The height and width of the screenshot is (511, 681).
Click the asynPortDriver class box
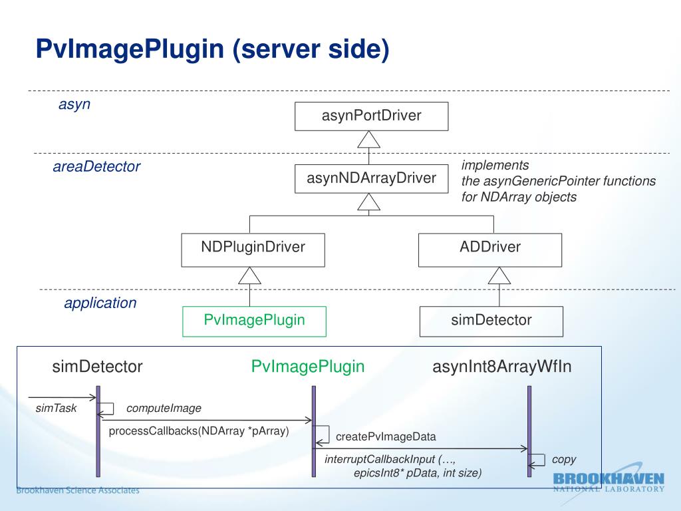371,116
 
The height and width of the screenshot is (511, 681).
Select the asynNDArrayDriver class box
371,178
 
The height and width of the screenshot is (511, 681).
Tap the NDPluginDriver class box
253,250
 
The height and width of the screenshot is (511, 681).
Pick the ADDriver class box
490,250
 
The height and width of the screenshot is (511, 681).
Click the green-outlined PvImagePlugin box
254,321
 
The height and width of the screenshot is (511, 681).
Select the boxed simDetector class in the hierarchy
491,321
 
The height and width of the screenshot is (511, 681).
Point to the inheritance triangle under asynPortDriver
368,140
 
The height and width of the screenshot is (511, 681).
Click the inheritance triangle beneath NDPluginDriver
250,275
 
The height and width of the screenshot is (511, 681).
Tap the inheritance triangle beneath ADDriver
499,275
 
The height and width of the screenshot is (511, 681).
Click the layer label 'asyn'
74,104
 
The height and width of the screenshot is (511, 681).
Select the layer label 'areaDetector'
96,166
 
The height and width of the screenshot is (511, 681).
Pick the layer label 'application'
100,303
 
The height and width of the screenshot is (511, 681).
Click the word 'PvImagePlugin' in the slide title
130,49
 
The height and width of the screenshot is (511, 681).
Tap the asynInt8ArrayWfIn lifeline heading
501,367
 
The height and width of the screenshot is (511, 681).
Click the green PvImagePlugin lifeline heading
307,367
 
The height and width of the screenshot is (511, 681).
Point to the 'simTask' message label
56,408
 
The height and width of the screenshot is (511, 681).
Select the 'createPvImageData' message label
386,436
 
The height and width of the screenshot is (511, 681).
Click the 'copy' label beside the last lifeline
564,460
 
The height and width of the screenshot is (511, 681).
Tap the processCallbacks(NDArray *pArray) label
199,431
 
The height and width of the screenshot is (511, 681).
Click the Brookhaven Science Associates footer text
78,490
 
